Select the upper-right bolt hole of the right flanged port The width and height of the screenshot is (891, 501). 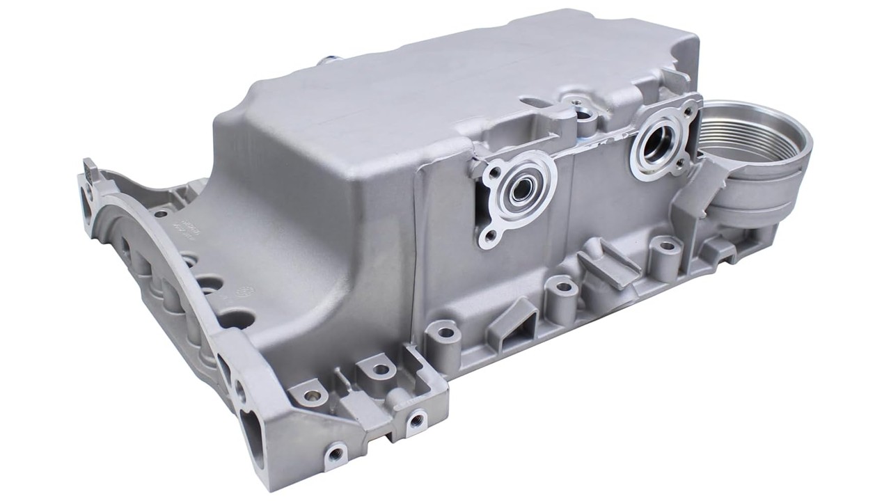point(689,108)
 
